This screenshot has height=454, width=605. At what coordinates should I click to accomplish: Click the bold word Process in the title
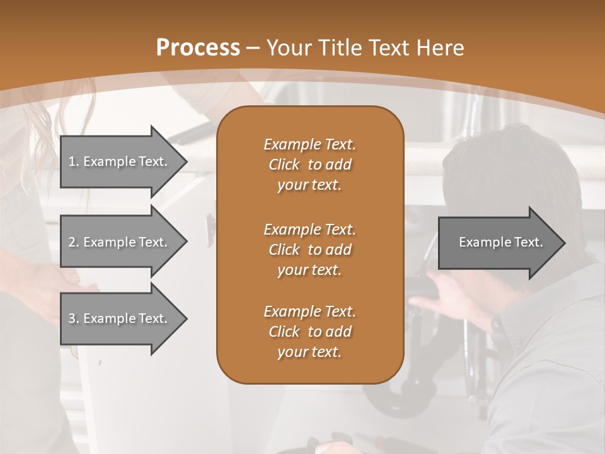click(198, 47)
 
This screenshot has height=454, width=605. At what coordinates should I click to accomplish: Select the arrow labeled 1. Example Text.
click(120, 161)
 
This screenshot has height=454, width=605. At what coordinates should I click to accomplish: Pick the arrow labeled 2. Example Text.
click(120, 242)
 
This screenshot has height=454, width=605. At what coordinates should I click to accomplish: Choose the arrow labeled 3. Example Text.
click(120, 318)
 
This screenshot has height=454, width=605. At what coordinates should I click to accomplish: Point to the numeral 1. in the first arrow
click(74, 161)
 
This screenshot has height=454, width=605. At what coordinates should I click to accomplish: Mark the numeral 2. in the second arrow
click(74, 242)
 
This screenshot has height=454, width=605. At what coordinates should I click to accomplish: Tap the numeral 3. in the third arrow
click(74, 318)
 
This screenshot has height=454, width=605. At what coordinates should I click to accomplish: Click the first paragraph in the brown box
click(309, 165)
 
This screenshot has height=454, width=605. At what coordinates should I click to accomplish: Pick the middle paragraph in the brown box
click(309, 249)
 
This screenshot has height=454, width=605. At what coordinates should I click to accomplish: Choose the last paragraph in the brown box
click(309, 332)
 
